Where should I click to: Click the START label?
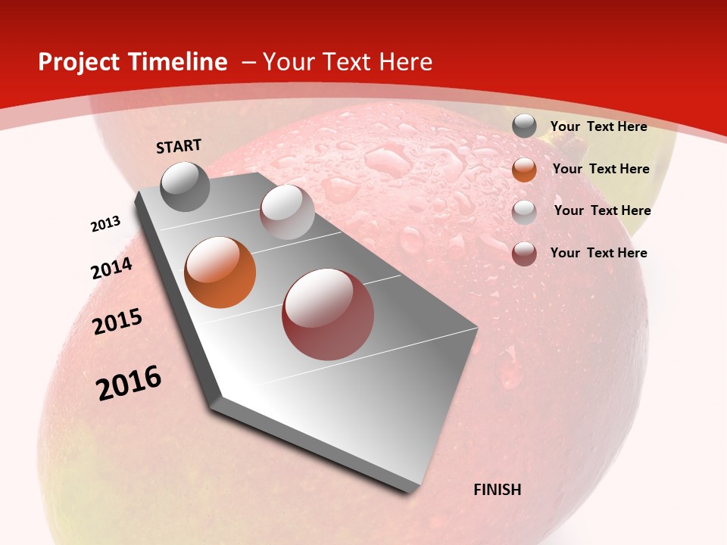tap(179, 146)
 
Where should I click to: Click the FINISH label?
tap(497, 490)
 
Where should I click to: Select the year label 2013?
tap(105, 224)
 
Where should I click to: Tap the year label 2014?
tap(111, 269)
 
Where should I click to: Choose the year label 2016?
tap(129, 383)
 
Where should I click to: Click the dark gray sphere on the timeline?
tap(186, 186)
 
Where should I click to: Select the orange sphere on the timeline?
tap(220, 272)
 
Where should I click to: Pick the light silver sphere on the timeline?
tap(287, 212)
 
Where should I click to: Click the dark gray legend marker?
tap(524, 126)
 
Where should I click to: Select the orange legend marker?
tap(524, 169)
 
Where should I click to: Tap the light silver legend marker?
tap(524, 211)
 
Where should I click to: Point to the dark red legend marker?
tap(524, 254)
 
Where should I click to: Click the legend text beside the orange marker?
tap(601, 169)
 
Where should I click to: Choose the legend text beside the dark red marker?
tap(598, 253)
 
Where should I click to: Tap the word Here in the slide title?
tap(405, 62)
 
